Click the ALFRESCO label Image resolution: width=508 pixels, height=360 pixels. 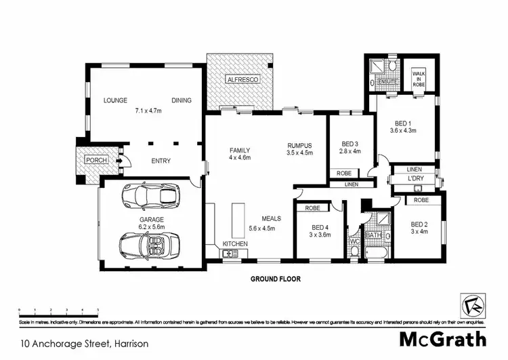point(242,79)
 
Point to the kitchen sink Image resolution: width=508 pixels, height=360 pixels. point(230,254)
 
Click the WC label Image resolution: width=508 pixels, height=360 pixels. point(353,240)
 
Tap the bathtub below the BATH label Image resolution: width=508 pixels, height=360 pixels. point(375,253)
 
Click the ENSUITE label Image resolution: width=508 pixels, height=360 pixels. point(387,82)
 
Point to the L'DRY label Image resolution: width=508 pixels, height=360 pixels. point(416,178)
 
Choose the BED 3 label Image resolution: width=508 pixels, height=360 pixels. point(350,144)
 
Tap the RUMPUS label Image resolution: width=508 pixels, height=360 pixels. point(299,144)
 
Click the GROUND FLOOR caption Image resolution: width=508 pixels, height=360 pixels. point(276,279)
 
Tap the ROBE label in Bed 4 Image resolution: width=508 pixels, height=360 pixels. point(312,208)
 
